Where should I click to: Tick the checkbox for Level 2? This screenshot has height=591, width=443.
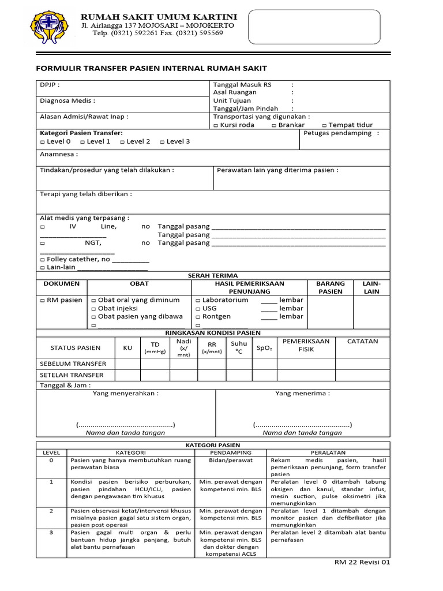122,142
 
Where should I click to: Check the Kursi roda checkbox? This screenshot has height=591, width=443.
216,125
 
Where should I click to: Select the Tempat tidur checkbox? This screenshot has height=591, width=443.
324,125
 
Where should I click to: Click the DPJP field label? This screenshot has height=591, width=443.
50,85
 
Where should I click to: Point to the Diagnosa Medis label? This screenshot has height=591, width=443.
63,100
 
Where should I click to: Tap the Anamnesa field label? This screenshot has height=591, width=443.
58,155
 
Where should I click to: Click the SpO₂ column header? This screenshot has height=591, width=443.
265,348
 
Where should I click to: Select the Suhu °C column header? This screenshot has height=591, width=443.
239,347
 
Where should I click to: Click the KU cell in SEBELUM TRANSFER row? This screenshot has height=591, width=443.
127,364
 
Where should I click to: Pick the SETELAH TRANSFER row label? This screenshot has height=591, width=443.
72,375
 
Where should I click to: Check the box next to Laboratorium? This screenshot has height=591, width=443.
198,301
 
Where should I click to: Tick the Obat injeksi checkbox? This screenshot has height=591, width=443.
93,309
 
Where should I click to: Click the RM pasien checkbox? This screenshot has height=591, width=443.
42,301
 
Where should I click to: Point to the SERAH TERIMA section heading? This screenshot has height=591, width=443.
213,276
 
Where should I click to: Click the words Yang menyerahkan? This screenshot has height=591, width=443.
126,394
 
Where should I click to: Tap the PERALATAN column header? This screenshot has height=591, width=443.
328,453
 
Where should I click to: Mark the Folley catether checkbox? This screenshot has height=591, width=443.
42,260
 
